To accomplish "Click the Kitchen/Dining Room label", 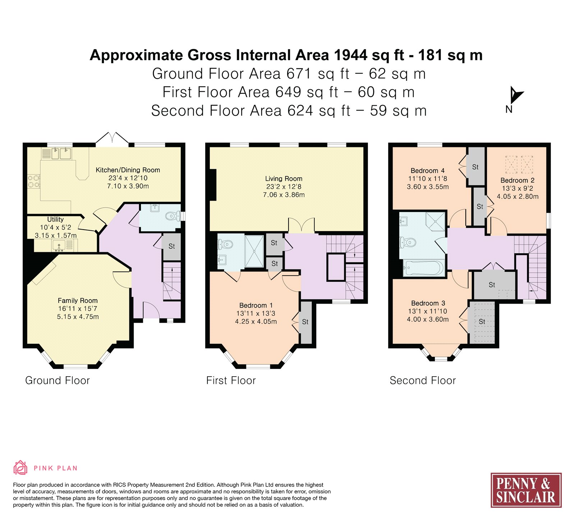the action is pos(128,170).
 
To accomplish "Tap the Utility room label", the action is pos(55,220).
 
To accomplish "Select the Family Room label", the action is pos(78,301).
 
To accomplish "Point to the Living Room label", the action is pos(284,179).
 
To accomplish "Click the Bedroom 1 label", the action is pos(256,305).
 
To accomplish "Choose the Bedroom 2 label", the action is pos(517,180).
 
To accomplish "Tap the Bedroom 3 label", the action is pos(428,303).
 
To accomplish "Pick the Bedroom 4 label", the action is pos(428,171).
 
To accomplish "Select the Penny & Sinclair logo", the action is pos(526,490).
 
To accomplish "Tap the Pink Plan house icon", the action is pos(20,468).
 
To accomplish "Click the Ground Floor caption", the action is pos(57,381).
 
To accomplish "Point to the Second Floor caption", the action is pos(423,381).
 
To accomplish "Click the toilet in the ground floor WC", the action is pos(173,216).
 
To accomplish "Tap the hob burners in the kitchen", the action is pos(34,181).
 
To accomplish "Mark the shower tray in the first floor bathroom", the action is pos(254,251).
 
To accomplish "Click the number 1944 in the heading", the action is pos(350,55).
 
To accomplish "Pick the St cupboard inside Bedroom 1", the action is pos(306,322).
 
